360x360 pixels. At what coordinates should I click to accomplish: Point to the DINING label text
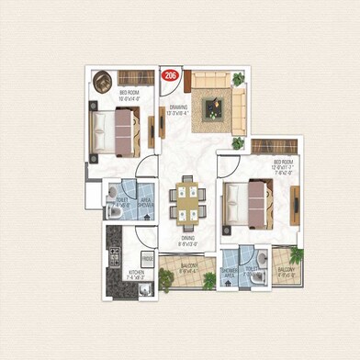tap(187, 242)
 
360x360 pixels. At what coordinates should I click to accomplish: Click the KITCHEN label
tap(135, 273)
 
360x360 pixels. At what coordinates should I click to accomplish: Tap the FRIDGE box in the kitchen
tap(147, 260)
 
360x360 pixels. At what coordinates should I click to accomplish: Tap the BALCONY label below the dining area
tap(189, 270)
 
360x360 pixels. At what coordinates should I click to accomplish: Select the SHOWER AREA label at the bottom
tap(230, 272)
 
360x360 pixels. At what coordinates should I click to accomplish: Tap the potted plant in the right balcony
tap(296, 256)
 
